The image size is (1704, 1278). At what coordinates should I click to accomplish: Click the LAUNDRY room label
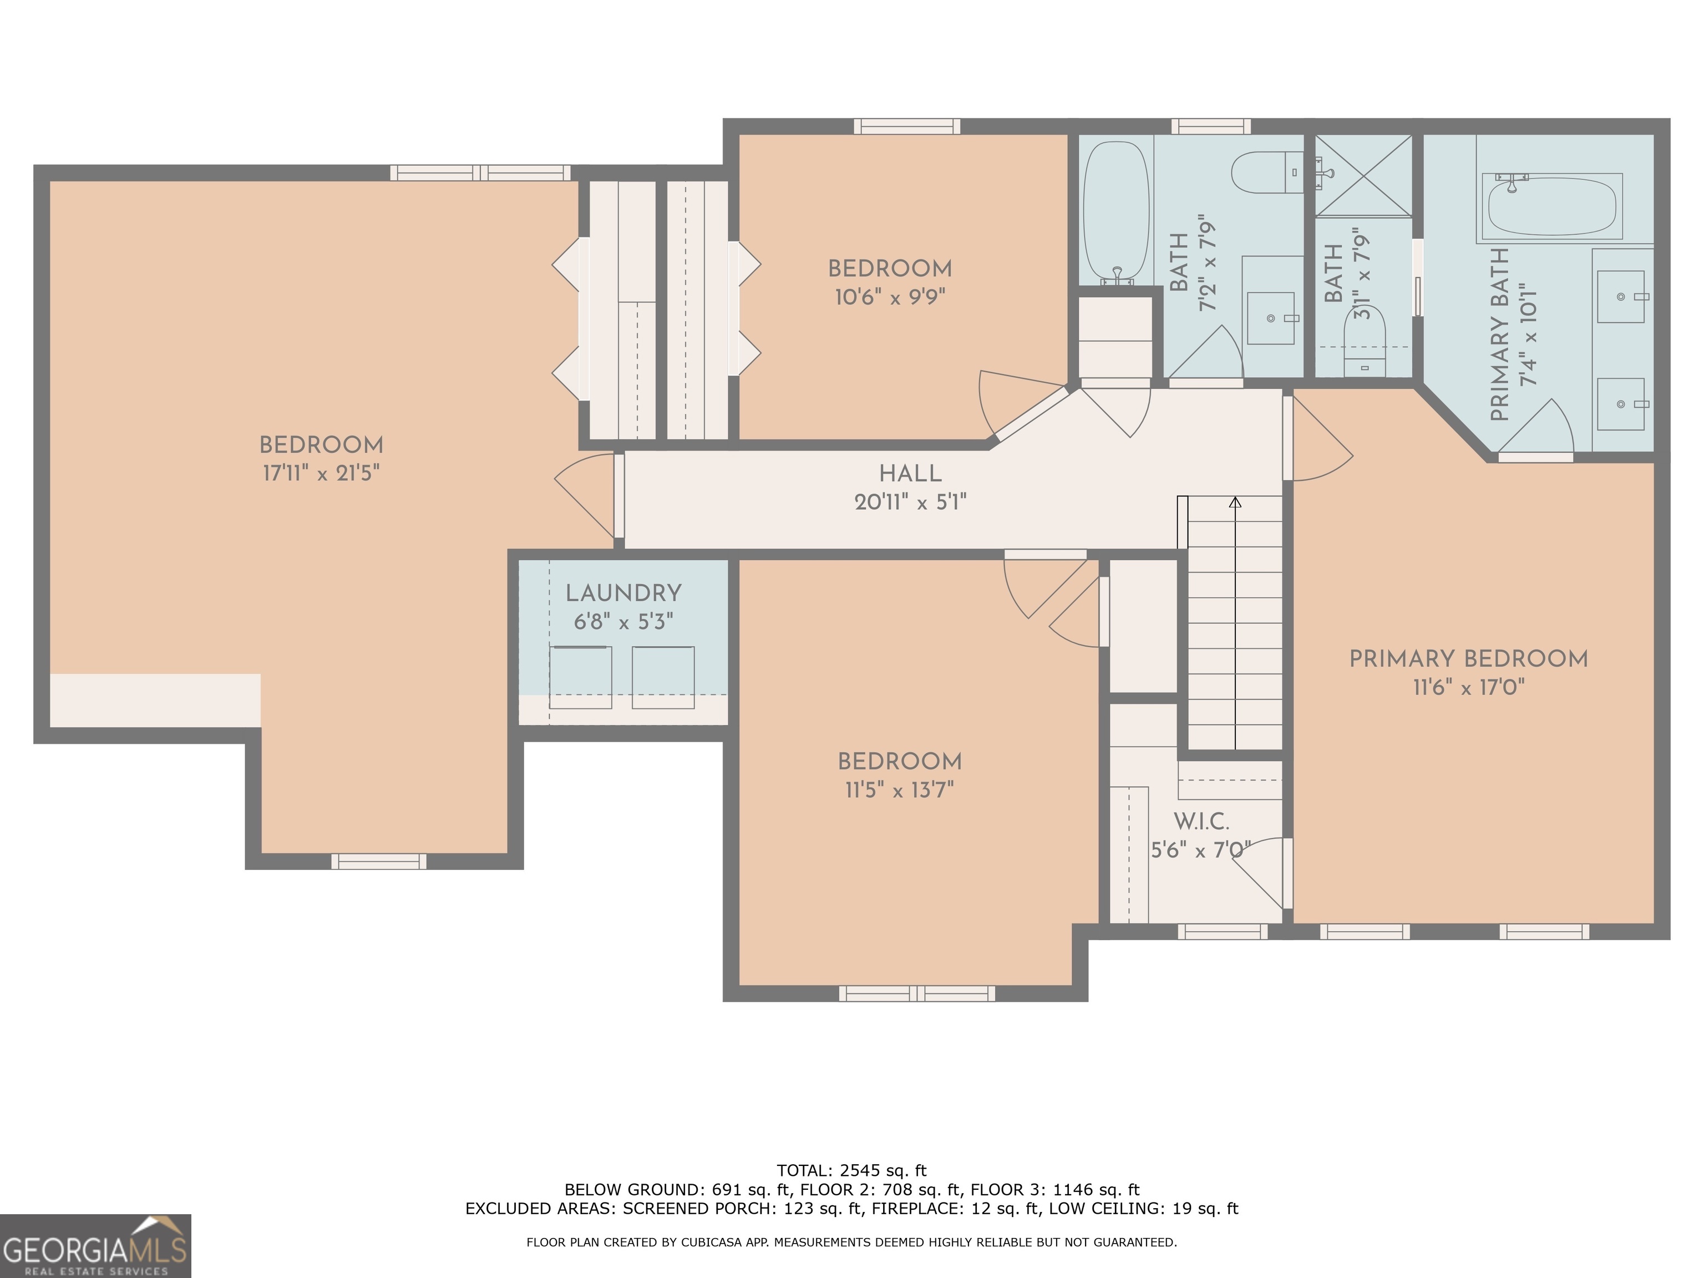pyautogui.click(x=623, y=593)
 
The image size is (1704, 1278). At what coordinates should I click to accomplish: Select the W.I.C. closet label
pyautogui.click(x=1201, y=822)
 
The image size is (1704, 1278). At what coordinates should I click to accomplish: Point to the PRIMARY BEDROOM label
pyautogui.click(x=1468, y=658)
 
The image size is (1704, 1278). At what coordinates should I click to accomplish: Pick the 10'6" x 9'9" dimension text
pyautogui.click(x=890, y=297)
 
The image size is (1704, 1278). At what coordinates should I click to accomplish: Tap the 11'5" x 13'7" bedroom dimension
pyautogui.click(x=899, y=790)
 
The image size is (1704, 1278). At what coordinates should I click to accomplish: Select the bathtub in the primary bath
pyautogui.click(x=1553, y=206)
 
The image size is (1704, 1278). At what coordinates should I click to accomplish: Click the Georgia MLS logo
pyautogui.click(x=95, y=1246)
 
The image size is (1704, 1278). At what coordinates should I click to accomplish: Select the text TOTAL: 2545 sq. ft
pyautogui.click(x=851, y=1171)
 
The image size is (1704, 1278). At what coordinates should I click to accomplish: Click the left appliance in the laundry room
pyautogui.click(x=580, y=677)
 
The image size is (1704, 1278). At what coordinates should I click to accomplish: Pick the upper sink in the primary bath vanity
pyautogui.click(x=1620, y=297)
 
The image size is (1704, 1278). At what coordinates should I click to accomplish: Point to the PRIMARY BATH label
pyautogui.click(x=1499, y=335)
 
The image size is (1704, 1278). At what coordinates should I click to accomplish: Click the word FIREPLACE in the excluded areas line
pyautogui.click(x=914, y=1208)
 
